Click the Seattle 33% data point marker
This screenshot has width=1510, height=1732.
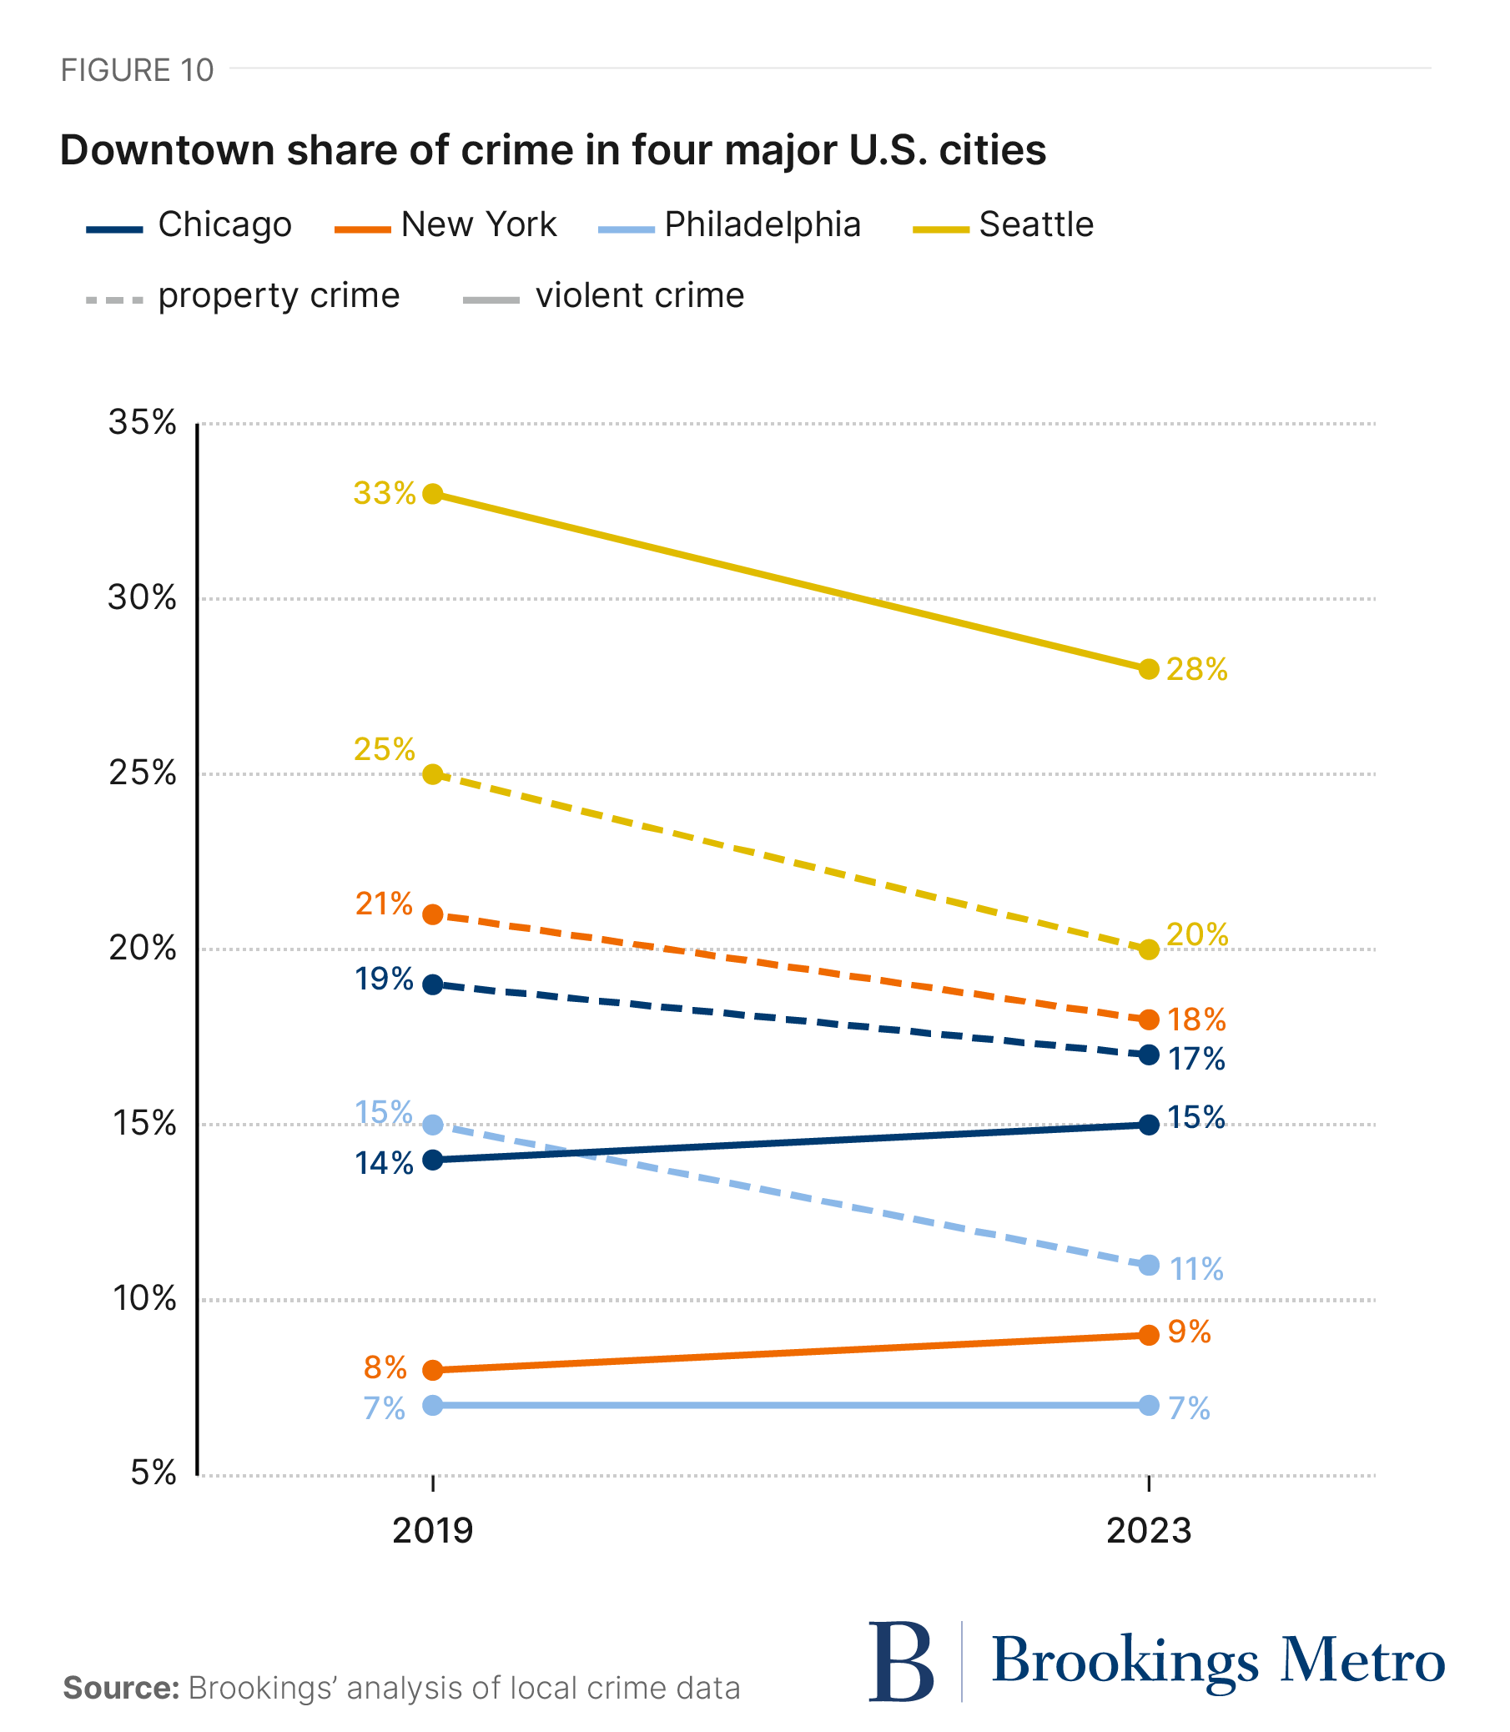tap(433, 494)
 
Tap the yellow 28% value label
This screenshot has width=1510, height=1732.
tap(1196, 670)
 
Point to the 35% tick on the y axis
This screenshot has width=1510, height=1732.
tap(143, 423)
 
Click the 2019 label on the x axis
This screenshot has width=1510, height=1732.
tap(433, 1530)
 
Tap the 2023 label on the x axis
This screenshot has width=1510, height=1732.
tap(1149, 1530)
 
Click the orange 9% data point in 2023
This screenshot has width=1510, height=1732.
tap(1149, 1335)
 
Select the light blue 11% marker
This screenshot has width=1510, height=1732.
tap(1149, 1265)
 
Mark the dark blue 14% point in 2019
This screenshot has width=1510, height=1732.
tap(433, 1160)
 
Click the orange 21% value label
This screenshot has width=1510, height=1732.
tap(385, 904)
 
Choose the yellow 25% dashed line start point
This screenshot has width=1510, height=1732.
tap(433, 773)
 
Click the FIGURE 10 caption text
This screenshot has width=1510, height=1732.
tap(138, 71)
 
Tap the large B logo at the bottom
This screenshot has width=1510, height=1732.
tap(900, 1661)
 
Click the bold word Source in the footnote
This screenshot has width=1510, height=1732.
tap(121, 1689)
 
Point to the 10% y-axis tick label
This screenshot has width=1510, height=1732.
tap(144, 1299)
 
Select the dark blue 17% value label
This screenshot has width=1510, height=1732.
tap(1196, 1060)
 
